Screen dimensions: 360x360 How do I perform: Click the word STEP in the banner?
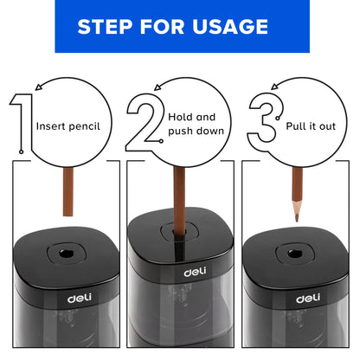tap(106, 27)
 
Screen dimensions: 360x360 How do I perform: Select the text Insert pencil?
tap(68, 125)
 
